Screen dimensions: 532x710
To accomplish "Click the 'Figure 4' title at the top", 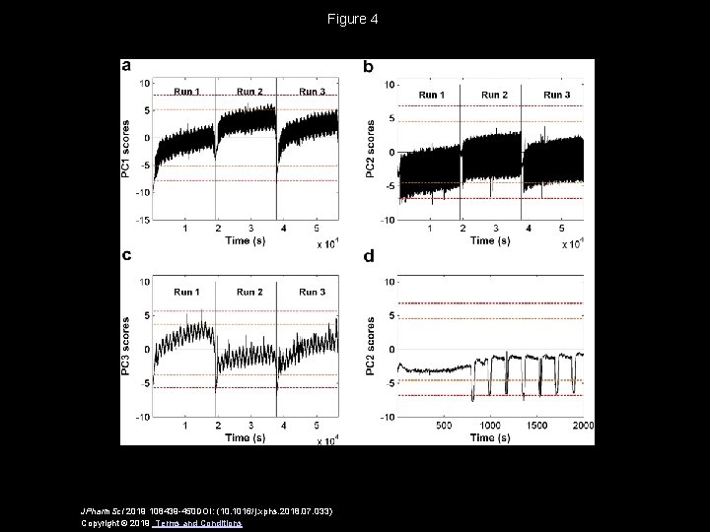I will click(x=355, y=19).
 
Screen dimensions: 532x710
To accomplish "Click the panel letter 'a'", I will click(x=126, y=66).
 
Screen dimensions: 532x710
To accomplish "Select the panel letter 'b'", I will click(x=369, y=67).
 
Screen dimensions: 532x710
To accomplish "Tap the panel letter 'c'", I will click(x=126, y=255).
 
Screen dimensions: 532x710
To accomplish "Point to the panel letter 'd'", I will click(x=369, y=256).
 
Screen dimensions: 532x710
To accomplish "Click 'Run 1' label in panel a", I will click(x=187, y=92).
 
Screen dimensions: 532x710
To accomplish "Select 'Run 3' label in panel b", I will click(x=557, y=95).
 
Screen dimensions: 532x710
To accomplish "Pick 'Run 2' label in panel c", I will click(x=249, y=293).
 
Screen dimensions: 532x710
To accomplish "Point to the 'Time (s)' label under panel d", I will click(x=483, y=435).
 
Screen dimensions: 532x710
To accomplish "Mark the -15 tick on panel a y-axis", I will click(x=142, y=221).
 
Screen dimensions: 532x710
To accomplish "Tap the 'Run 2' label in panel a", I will click(x=249, y=92).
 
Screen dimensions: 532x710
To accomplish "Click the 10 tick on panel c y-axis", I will click(x=144, y=282).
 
